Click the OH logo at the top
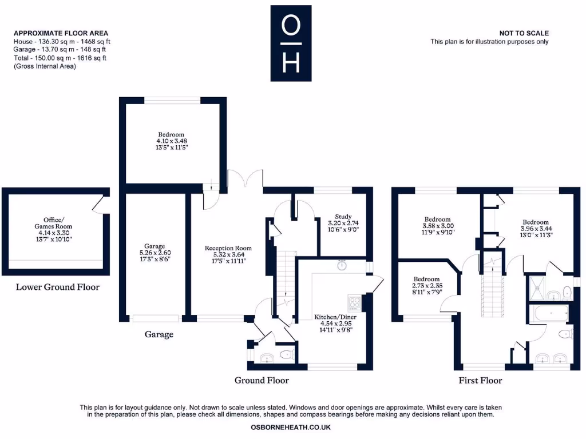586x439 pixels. (x=291, y=43)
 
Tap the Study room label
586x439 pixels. (x=343, y=217)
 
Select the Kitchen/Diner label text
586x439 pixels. (x=334, y=317)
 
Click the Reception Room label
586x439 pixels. (x=228, y=248)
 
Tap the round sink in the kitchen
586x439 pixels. (x=342, y=265)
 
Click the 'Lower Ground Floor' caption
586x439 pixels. (x=57, y=287)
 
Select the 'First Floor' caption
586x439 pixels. (x=480, y=380)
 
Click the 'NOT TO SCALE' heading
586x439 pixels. (x=524, y=34)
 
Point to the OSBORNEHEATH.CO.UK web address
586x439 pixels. (x=291, y=427)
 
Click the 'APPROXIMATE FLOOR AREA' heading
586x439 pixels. (x=61, y=34)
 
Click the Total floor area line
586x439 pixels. (x=60, y=58)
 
